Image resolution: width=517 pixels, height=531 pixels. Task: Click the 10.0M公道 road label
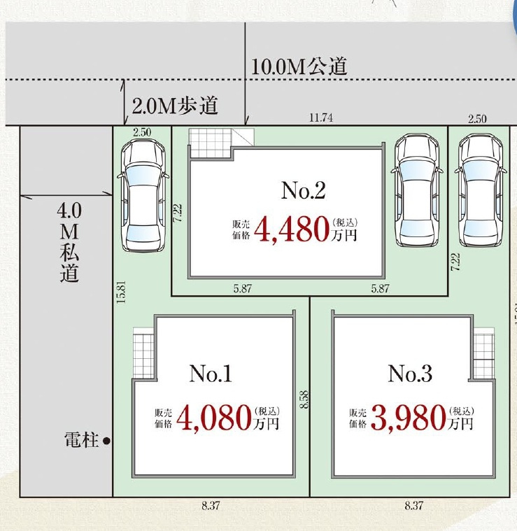(x=299, y=66)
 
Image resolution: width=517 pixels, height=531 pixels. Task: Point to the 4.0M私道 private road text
(x=69, y=242)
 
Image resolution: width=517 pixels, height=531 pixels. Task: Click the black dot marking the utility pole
(x=106, y=441)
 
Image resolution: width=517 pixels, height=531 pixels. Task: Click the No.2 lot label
(x=304, y=190)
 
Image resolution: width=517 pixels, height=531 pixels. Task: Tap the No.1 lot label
(x=210, y=374)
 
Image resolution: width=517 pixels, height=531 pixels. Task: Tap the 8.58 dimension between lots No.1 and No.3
(x=304, y=400)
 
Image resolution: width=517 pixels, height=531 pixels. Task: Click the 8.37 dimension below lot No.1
(x=211, y=507)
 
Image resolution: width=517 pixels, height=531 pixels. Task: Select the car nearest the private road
(x=143, y=195)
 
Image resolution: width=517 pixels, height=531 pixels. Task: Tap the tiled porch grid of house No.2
(x=210, y=143)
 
